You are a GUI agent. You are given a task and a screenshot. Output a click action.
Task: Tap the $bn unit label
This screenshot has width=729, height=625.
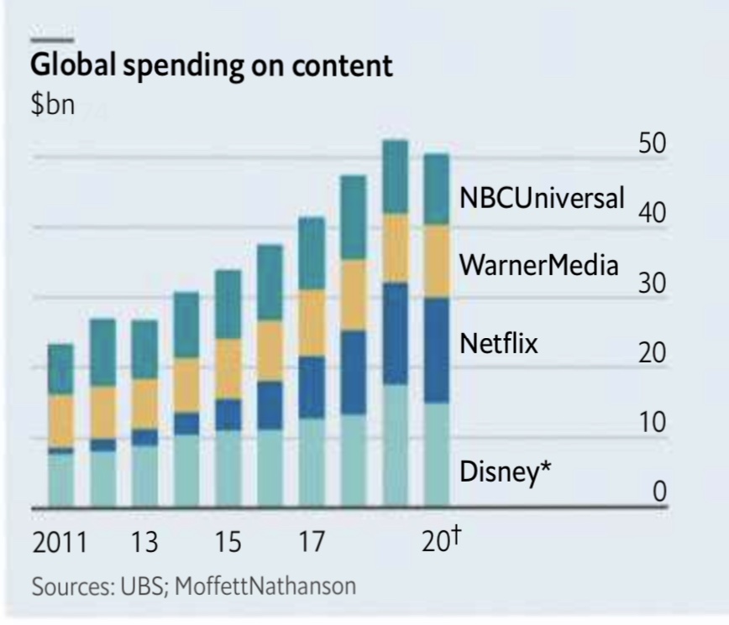[53, 107]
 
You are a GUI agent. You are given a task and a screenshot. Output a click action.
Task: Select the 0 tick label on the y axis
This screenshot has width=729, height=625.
[659, 492]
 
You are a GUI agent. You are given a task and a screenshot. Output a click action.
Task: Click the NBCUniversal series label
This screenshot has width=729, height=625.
[542, 199]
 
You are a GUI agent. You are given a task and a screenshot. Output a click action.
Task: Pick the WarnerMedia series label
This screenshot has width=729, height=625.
[538, 266]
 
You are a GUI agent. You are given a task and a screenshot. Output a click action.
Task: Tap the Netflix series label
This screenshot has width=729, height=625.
[498, 343]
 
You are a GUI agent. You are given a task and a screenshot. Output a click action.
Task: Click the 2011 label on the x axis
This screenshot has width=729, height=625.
[60, 543]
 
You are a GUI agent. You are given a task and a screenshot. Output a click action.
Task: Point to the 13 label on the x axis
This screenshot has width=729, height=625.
[144, 543]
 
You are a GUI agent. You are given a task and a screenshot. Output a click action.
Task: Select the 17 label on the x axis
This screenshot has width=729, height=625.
[311, 543]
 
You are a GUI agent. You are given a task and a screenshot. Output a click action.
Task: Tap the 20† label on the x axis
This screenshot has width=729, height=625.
[440, 541]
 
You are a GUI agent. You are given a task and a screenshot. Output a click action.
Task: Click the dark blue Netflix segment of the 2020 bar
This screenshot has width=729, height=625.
[437, 351]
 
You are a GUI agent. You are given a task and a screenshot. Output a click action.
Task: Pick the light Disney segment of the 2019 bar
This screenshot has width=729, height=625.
[395, 445]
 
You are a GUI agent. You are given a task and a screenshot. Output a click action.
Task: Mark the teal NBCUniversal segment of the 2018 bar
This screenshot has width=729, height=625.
[353, 217]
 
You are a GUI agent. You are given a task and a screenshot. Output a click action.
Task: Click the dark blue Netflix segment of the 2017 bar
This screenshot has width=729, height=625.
[312, 388]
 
